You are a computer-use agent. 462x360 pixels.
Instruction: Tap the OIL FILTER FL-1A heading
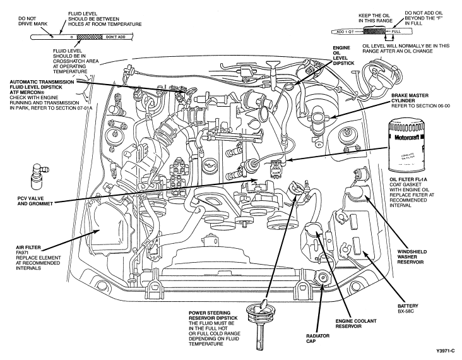(x=408, y=179)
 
